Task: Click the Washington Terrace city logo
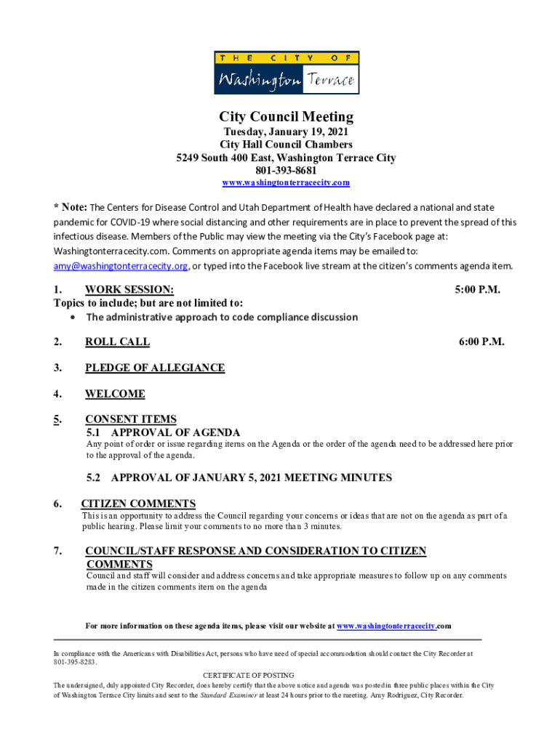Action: pos(287,73)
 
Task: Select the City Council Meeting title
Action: pos(287,117)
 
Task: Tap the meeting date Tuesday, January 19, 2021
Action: pos(287,132)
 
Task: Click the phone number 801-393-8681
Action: pos(287,170)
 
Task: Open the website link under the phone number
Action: pos(287,182)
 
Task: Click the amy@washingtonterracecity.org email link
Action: pos(120,266)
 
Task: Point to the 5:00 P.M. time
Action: pos(478,290)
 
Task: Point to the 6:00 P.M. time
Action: pos(481,341)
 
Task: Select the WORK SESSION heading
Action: pos(129,290)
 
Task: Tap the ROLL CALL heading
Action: pos(117,341)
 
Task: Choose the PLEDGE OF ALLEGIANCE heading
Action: pos(154,368)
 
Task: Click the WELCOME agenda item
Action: pos(115,394)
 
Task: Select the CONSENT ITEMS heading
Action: pos(130,418)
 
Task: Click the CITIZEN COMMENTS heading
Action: pos(138,504)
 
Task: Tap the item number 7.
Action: pos(57,551)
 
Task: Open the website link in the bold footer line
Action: pos(386,626)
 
